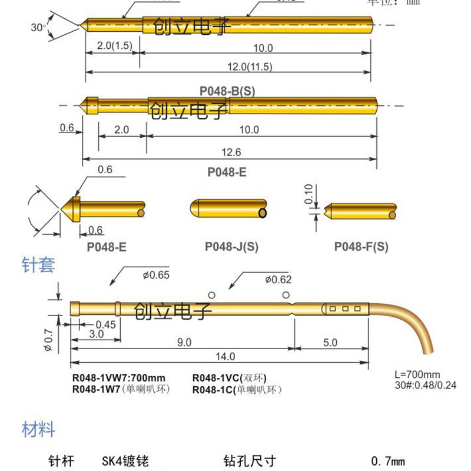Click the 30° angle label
pyautogui.click(x=38, y=27)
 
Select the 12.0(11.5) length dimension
pyautogui.click(x=248, y=67)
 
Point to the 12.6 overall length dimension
pyautogui.click(x=230, y=152)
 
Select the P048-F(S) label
pyautogui.click(x=361, y=247)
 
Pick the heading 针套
pyautogui.click(x=38, y=266)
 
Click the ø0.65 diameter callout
pyautogui.click(x=155, y=274)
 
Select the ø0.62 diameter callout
pyautogui.click(x=278, y=280)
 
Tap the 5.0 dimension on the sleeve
pyautogui.click(x=330, y=341)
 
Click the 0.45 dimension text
pyautogui.click(x=105, y=324)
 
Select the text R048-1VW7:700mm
pyautogui.click(x=118, y=378)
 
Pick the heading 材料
pyautogui.click(x=38, y=429)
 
